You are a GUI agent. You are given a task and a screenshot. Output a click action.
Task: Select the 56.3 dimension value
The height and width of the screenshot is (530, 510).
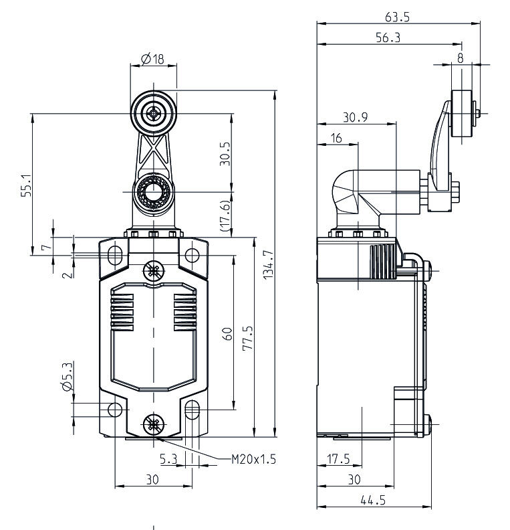388,39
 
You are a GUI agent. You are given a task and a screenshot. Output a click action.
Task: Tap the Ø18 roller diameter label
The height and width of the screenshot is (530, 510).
154,60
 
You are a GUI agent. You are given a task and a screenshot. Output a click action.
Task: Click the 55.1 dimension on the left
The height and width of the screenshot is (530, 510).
25,186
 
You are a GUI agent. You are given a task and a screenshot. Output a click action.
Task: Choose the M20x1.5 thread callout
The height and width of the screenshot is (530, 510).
253,459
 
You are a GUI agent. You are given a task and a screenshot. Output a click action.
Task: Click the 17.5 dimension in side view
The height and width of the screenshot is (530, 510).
340,459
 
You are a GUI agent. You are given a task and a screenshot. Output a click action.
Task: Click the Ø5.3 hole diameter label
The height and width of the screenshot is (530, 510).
66,376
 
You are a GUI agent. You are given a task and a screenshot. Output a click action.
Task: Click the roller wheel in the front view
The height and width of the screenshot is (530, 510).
154,114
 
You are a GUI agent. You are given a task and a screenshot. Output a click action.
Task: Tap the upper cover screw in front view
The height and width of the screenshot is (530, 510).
154,270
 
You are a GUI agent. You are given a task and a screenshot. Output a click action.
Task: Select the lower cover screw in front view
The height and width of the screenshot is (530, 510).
154,424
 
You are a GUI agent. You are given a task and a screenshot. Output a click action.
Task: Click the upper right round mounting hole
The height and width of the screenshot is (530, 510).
193,254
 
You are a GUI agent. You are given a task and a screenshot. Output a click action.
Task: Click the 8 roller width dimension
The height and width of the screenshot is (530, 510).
460,58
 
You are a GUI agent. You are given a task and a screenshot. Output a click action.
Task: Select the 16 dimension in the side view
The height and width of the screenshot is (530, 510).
336,139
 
